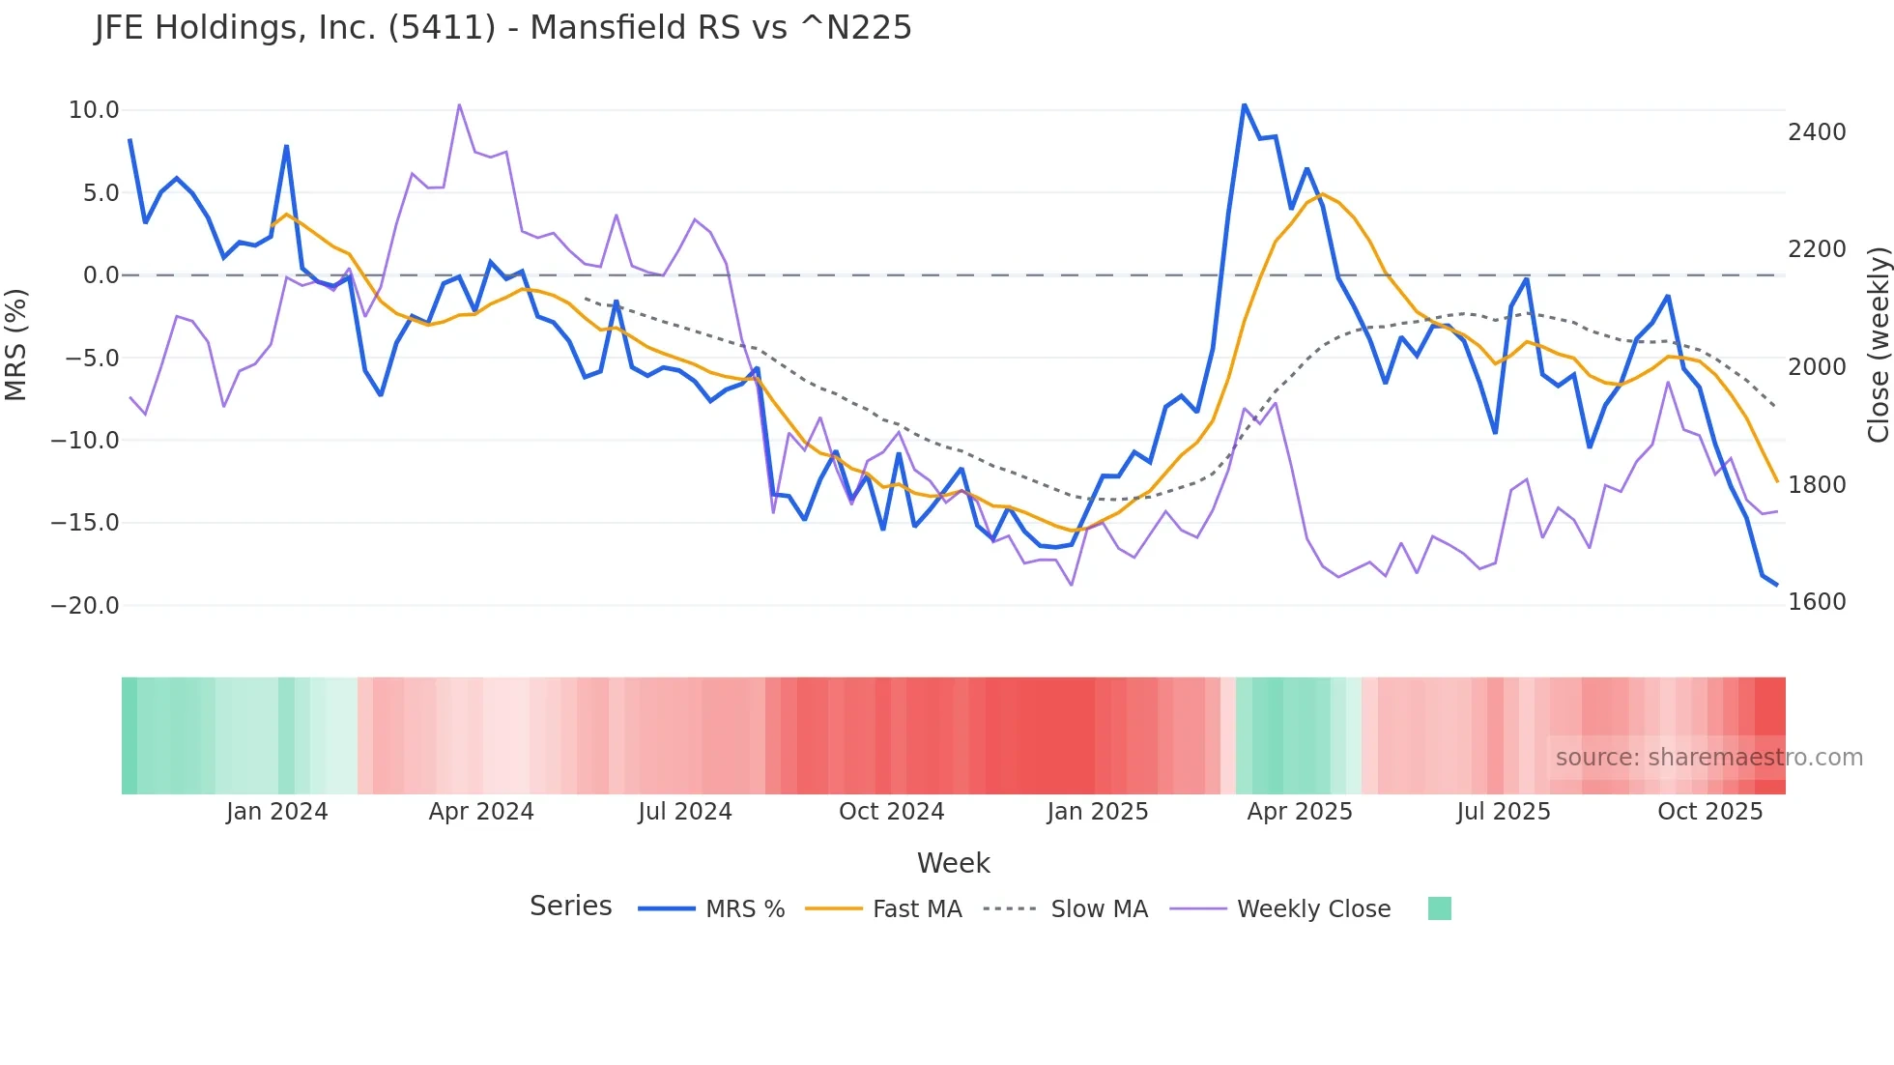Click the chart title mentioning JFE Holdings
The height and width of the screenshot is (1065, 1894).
[x=503, y=28]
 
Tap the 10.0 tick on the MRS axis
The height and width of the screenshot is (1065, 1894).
[x=94, y=110]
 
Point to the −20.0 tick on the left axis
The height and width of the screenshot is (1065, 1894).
[x=86, y=606]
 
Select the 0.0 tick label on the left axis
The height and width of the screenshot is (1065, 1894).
[x=101, y=275]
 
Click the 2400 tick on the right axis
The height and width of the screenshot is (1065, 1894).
[x=1817, y=132]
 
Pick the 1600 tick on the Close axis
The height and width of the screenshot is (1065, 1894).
[x=1817, y=602]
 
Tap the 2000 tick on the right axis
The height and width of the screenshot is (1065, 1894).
[x=1817, y=367]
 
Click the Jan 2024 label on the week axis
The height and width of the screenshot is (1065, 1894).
[x=277, y=812]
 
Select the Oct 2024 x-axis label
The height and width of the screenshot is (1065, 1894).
[x=891, y=812]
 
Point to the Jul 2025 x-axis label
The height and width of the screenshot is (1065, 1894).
[x=1504, y=812]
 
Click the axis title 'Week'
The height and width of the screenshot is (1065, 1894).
[x=953, y=863]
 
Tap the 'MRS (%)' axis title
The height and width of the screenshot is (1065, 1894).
[x=16, y=345]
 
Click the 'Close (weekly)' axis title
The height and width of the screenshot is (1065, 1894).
[x=1878, y=345]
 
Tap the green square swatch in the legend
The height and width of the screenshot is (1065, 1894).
[x=1439, y=908]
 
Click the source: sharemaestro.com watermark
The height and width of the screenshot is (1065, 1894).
[x=1708, y=758]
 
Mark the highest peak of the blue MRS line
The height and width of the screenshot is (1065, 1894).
[x=1245, y=104]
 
